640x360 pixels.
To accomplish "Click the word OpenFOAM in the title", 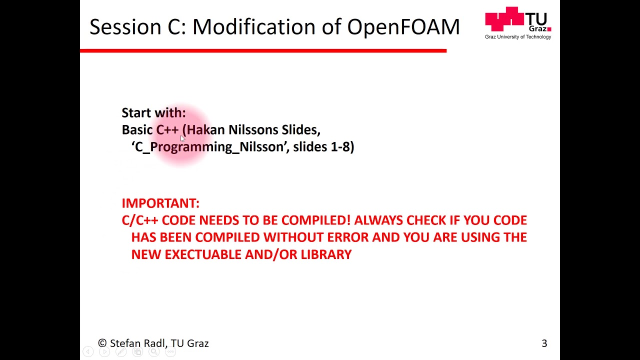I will point(403,27).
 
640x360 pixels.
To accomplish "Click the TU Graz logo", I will point(517,20).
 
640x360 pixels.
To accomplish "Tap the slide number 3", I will point(544,343).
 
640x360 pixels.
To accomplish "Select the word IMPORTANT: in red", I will point(160,203).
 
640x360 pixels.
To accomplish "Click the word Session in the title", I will point(125,27).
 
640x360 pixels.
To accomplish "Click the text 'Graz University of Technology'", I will point(517,37).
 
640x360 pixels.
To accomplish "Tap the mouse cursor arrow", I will point(182,138).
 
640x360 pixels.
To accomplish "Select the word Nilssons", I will point(253,130).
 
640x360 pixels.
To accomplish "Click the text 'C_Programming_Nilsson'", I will point(209,147).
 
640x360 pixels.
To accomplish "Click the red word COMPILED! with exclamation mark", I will point(316,220).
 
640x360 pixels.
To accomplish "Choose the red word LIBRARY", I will point(326,254).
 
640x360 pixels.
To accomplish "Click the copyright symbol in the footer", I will point(102,343).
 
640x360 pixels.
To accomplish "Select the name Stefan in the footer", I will point(125,343).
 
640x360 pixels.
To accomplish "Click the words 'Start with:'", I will point(153,113).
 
